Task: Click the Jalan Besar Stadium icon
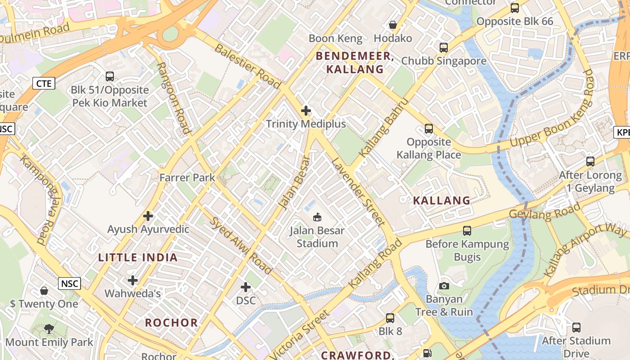pyautogui.click(x=318, y=217)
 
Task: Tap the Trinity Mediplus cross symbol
pyautogui.click(x=306, y=110)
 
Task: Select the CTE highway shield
pyautogui.click(x=44, y=83)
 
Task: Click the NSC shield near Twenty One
pyautogui.click(x=69, y=283)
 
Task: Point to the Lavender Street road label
pyautogui.click(x=358, y=192)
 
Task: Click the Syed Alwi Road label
pyautogui.click(x=242, y=246)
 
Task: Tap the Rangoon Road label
pyautogui.click(x=173, y=98)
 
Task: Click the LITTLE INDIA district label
pyautogui.click(x=138, y=258)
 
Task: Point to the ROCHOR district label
pyautogui.click(x=171, y=323)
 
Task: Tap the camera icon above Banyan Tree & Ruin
pyautogui.click(x=444, y=286)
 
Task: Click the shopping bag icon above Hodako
pyautogui.click(x=393, y=25)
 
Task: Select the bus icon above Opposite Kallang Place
pyautogui.click(x=429, y=129)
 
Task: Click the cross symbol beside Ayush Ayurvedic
pyautogui.click(x=148, y=216)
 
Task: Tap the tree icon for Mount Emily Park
pyautogui.click(x=49, y=329)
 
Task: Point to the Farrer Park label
pyautogui.click(x=187, y=178)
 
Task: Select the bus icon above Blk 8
pyautogui.click(x=390, y=318)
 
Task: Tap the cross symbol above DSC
pyautogui.click(x=246, y=287)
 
